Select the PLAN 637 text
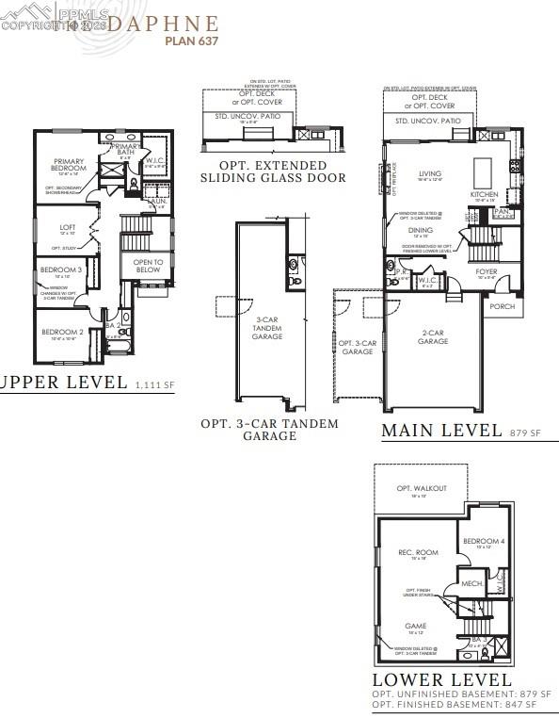point(192,41)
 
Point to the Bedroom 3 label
point(55,270)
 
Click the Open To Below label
point(148,266)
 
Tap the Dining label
point(420,230)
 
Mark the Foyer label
point(486,272)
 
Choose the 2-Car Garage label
point(434,336)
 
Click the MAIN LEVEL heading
point(440,431)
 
